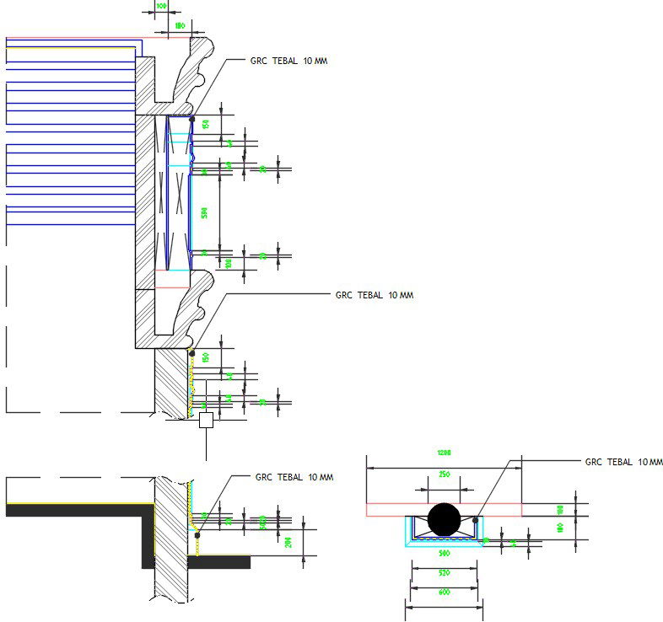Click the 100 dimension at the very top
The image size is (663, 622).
160,6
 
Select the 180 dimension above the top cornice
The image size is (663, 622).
179,26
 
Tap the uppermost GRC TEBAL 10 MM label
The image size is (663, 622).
288,62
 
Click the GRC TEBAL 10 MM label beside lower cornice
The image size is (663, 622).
374,296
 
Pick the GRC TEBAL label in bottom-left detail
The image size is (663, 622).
294,477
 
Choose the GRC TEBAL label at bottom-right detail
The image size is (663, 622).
624,463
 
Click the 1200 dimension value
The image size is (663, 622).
445,453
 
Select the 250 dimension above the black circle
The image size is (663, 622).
445,475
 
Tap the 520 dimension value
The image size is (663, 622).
445,572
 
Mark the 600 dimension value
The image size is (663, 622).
445,593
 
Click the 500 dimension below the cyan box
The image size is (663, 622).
445,554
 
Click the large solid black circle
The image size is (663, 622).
445,519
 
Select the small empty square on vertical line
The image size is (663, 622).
207,421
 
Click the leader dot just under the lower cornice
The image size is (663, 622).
192,353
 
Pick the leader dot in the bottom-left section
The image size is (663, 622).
197,534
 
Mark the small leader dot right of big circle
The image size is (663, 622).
477,520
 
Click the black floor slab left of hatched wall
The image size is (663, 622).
76,510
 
